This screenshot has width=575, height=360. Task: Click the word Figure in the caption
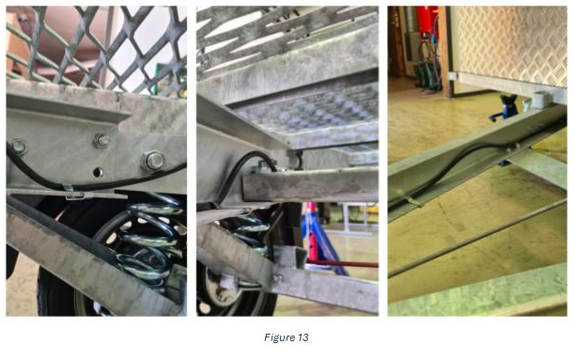pyautogui.click(x=280, y=337)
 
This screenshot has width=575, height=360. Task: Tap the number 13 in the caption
pyautogui.click(x=303, y=337)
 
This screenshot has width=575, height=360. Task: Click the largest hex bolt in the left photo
pyautogui.click(x=154, y=161)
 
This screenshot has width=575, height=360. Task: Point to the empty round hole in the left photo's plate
pyautogui.click(x=98, y=172)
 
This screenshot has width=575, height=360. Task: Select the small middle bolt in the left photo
pyautogui.click(x=101, y=141)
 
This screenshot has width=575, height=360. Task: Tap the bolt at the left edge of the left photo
pyautogui.click(x=18, y=148)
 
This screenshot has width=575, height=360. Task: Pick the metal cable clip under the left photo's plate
pyautogui.click(x=76, y=194)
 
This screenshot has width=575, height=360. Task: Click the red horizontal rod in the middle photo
pyautogui.click(x=343, y=263)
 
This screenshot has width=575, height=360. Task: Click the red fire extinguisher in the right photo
pyautogui.click(x=427, y=22)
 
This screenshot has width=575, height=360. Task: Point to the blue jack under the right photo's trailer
pyautogui.click(x=505, y=110)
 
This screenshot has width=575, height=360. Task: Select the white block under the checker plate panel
pyautogui.click(x=540, y=100)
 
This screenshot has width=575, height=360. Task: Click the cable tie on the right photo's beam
pyautogui.click(x=412, y=201)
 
